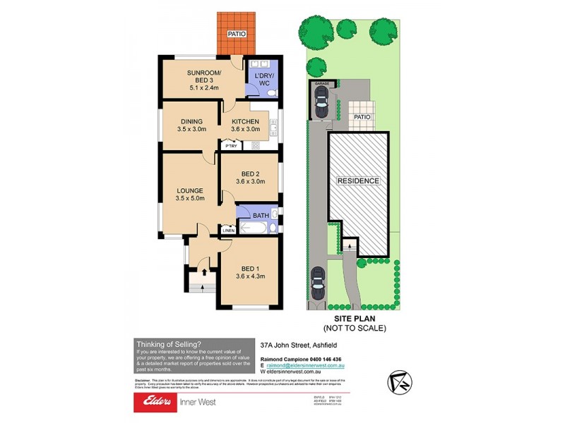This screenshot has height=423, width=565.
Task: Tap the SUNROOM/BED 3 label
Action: point(204,73)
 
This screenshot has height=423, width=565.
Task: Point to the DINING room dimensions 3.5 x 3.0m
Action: point(192,130)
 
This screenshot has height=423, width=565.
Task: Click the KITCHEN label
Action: point(245,121)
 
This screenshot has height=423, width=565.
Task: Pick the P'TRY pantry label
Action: point(231,146)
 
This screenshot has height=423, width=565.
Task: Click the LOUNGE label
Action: point(190,190)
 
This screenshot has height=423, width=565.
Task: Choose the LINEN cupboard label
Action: point(228,231)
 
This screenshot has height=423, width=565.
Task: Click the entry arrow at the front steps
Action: point(205,271)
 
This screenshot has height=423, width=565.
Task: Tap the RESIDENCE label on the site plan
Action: point(358,181)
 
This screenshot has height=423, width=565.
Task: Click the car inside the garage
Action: point(321,106)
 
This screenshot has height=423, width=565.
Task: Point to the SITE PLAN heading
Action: point(355,319)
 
